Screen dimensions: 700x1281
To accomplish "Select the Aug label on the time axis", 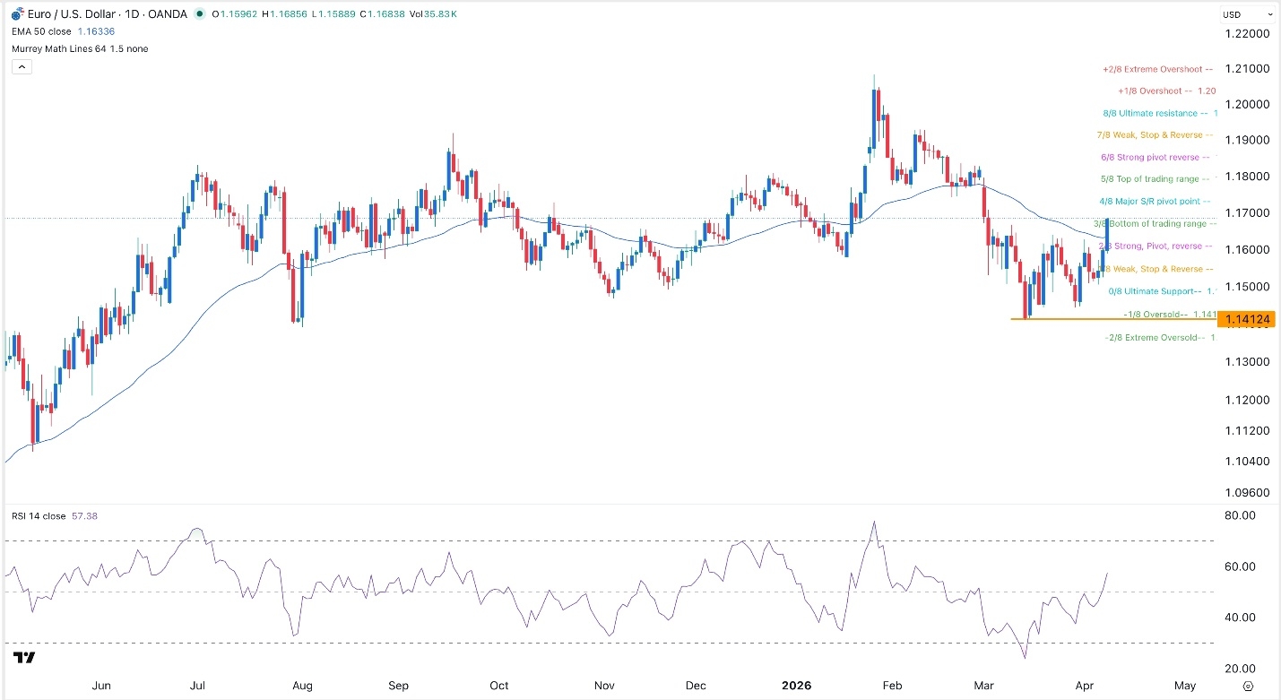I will (x=302, y=686).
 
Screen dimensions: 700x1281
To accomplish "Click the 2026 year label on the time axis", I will (x=796, y=686).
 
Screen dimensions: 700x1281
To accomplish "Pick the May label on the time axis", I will (x=1185, y=686).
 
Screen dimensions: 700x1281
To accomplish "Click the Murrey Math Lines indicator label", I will (x=80, y=48).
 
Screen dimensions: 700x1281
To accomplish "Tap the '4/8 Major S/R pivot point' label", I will (x=1153, y=202).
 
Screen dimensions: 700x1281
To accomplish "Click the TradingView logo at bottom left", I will (x=24, y=659).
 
